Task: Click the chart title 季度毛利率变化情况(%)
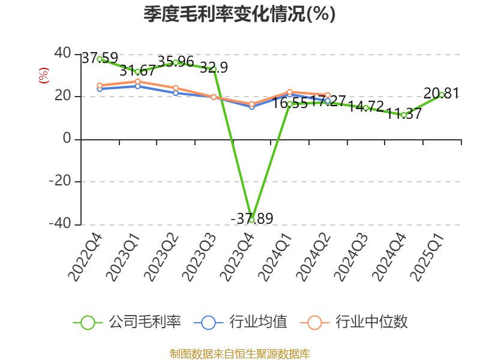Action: pos(239,14)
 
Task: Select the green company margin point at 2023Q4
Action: pos(252,220)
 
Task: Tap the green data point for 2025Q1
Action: pos(442,95)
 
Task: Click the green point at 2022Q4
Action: pos(100,59)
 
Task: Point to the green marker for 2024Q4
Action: pos(404,115)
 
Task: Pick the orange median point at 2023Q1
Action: pos(137,82)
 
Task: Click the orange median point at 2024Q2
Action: pos(328,95)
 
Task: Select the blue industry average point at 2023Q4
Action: pos(252,107)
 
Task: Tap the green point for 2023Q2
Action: pos(176,62)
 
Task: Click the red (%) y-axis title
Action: pos(43,76)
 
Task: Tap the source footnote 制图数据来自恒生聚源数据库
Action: pos(239,353)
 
